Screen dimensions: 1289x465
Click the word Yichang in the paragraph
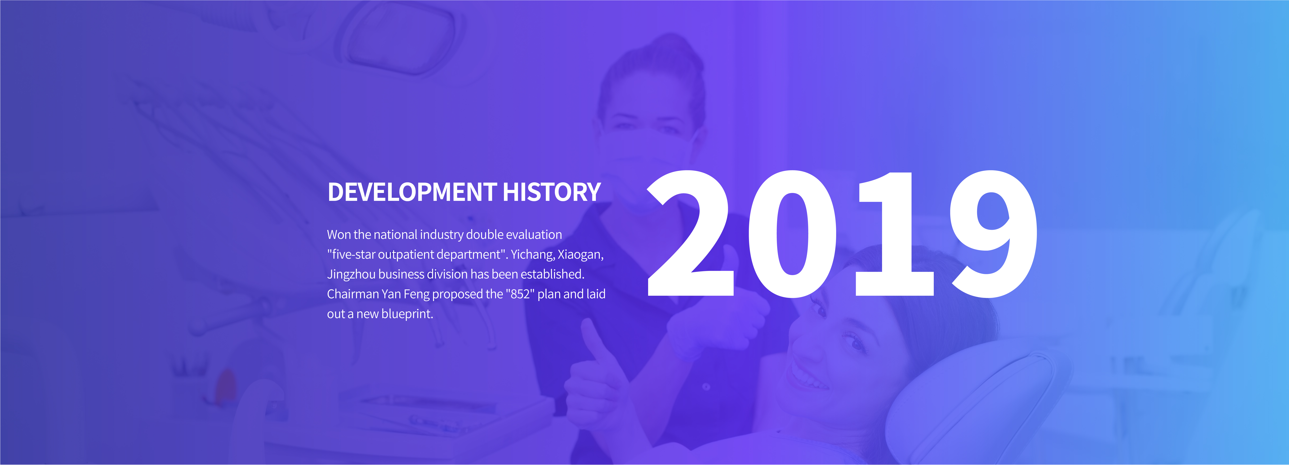click(532, 255)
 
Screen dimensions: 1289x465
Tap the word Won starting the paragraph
click(339, 235)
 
